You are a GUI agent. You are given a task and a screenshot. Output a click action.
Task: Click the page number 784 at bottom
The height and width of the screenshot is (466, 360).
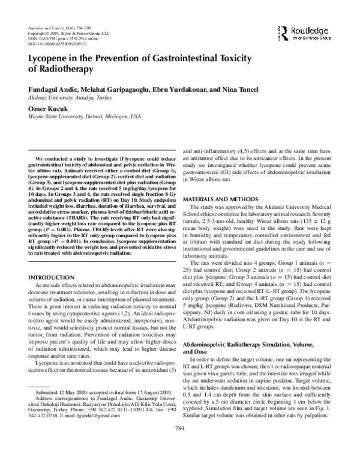(179, 445)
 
